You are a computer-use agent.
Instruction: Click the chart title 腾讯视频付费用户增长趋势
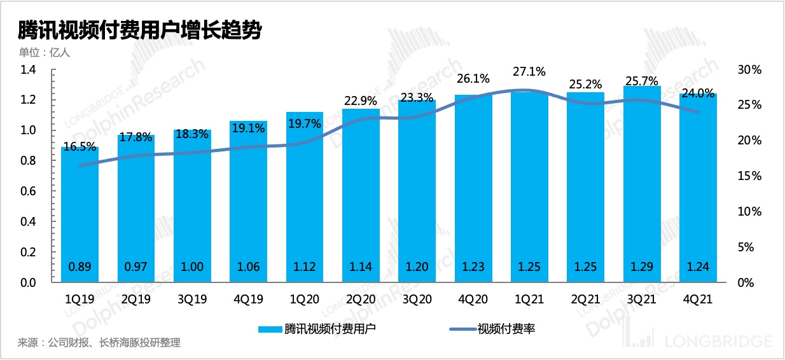coord(140,30)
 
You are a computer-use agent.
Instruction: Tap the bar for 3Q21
coord(642,184)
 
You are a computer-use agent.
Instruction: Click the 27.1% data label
coord(530,71)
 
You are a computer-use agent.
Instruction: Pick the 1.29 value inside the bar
coord(642,267)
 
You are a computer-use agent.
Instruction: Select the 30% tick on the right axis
coord(749,69)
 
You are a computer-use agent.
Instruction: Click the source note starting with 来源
coord(99,343)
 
